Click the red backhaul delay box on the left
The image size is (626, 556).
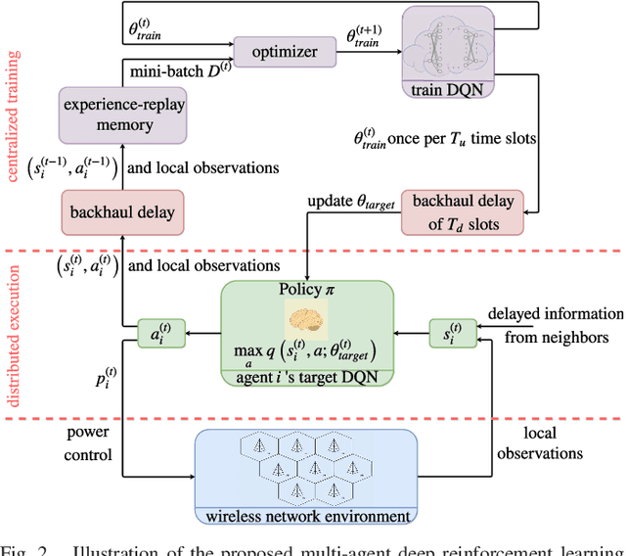point(121,210)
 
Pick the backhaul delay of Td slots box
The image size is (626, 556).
point(462,210)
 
